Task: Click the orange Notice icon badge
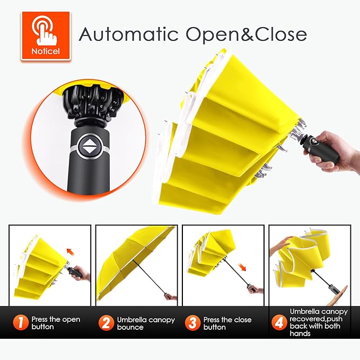click(46, 36)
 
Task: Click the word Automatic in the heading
click(128, 34)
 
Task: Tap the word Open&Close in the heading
click(246, 34)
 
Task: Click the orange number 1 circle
click(21, 322)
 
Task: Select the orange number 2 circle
click(106, 322)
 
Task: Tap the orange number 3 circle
click(192, 322)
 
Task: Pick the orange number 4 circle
click(279, 322)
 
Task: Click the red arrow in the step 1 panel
click(71, 251)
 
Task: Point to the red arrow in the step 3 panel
click(242, 267)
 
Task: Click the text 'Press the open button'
click(56, 323)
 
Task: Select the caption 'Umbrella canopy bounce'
click(146, 323)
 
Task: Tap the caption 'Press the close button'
click(227, 323)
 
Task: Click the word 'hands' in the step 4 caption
click(300, 333)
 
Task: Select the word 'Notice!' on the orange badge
click(46, 51)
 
